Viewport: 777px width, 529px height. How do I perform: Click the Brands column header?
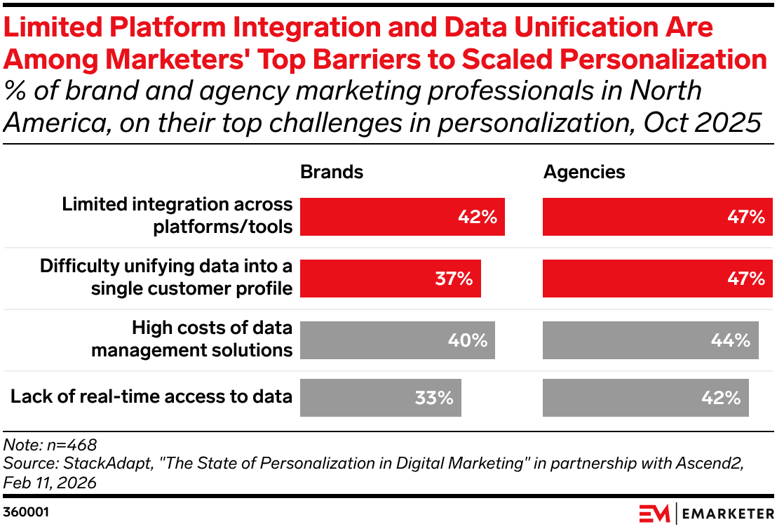[x=332, y=172]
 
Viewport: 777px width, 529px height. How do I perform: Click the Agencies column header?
[x=584, y=172]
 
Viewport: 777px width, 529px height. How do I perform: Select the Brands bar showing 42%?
[x=402, y=217]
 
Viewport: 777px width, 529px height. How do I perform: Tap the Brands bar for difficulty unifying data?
[x=390, y=279]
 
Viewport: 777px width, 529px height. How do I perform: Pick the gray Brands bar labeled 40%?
[x=397, y=340]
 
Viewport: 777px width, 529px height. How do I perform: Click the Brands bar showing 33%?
[x=380, y=398]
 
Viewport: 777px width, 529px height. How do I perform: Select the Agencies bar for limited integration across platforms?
[x=657, y=217]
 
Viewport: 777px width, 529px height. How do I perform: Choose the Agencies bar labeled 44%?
[x=650, y=340]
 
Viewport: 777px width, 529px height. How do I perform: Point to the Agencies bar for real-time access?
[x=645, y=398]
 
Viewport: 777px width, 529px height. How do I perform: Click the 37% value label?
[x=454, y=279]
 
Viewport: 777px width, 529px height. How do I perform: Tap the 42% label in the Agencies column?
[x=722, y=398]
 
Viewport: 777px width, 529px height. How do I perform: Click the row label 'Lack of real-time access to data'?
[x=151, y=396]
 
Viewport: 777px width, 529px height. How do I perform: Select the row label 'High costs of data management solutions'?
[x=191, y=340]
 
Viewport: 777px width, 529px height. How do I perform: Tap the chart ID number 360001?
[x=26, y=513]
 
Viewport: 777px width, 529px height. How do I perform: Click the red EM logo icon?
[x=654, y=513]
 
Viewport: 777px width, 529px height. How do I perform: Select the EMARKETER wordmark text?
[x=727, y=513]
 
